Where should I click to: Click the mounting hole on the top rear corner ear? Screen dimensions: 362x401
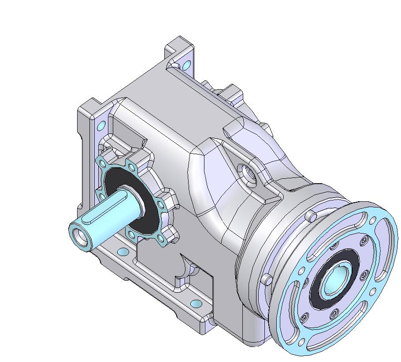(187, 65)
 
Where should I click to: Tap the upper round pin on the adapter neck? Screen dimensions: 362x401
(312, 216)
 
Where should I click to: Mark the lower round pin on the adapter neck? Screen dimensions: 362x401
(267, 280)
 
